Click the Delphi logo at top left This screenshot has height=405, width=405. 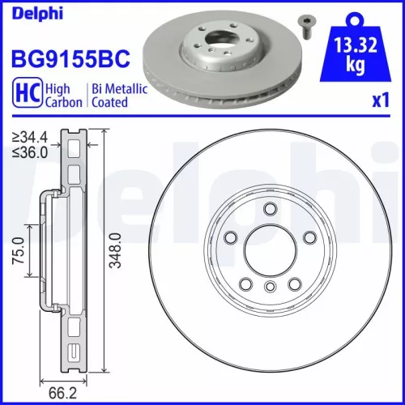point(31,12)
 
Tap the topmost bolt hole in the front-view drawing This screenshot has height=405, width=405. point(269,209)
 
